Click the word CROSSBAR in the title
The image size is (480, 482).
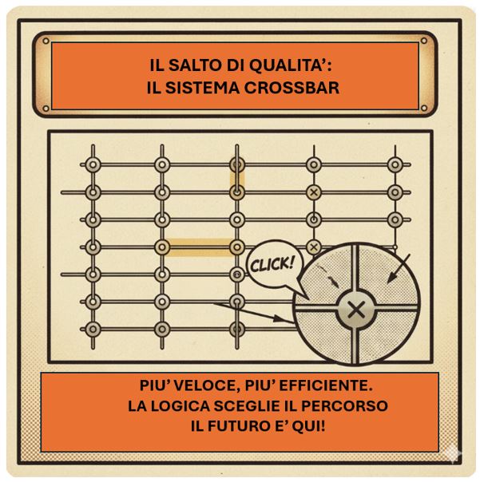pos(292,88)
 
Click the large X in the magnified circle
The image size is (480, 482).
pos(357,309)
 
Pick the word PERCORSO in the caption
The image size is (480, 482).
pos(344,406)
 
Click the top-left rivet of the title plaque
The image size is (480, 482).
pos(46,41)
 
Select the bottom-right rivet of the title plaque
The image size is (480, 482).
pos(423,108)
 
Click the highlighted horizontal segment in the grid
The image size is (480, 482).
pos(200,247)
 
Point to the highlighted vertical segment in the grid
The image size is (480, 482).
pos(237,178)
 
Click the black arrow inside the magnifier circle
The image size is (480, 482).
pos(399,268)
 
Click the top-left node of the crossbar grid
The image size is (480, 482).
pos(93,164)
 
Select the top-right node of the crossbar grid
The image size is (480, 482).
pos(395,164)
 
